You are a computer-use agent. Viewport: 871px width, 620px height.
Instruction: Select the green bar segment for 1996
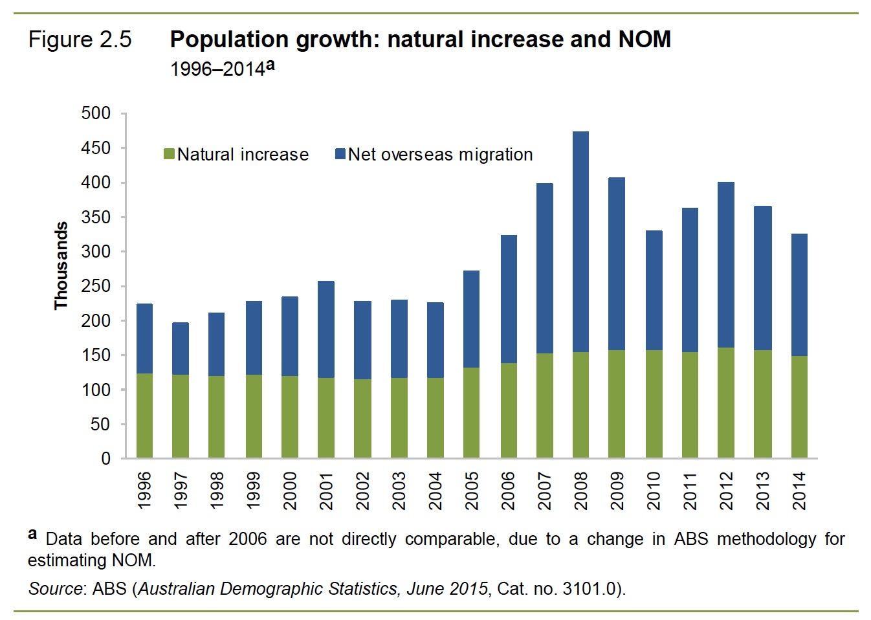144,415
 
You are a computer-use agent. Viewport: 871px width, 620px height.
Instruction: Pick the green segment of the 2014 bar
799,406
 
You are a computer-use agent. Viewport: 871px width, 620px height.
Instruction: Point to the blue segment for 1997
181,348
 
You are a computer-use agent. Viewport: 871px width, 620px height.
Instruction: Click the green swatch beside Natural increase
169,154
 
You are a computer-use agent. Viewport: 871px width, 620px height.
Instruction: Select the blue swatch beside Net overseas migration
340,154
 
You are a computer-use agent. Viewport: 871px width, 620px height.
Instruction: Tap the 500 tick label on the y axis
96,113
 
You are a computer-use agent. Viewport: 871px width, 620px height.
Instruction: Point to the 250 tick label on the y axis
96,286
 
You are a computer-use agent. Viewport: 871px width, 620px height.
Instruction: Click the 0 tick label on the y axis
105,459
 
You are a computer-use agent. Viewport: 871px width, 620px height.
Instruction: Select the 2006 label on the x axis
508,491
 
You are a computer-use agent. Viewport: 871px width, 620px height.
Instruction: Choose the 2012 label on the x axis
726,491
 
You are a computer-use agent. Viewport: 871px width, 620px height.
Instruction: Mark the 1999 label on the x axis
254,491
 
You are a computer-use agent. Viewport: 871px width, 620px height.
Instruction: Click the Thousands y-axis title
61,266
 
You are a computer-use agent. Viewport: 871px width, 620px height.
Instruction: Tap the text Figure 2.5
80,40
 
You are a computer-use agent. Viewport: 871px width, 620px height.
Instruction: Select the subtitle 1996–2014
217,69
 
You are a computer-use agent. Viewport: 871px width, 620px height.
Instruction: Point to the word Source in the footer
55,589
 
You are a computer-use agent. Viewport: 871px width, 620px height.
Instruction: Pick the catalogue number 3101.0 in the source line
589,589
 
